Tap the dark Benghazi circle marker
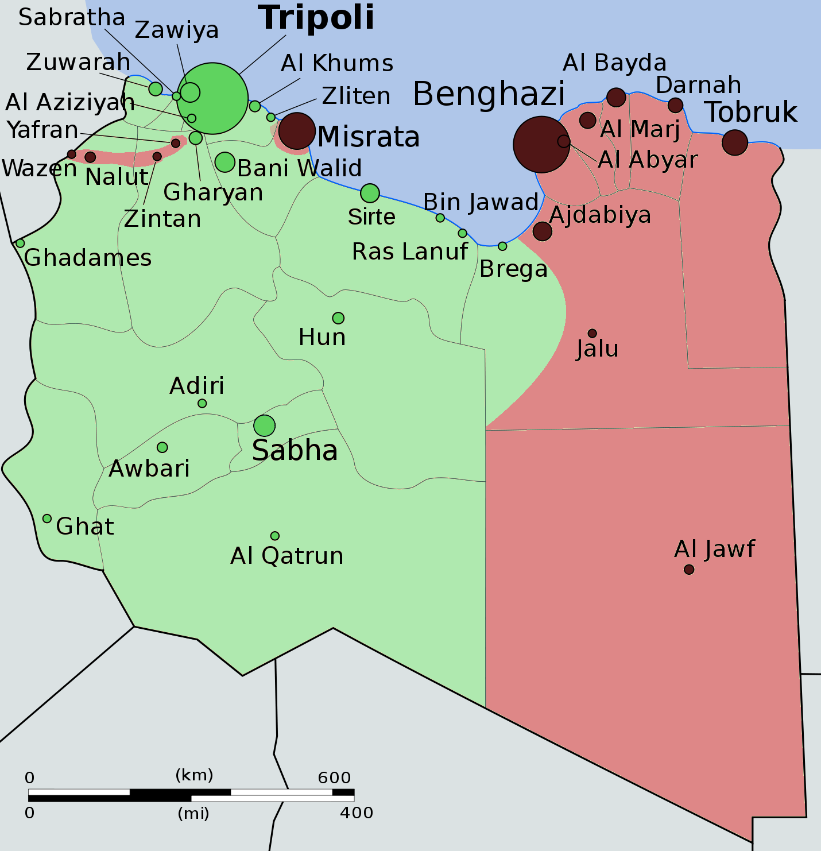point(541,145)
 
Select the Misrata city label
point(368,137)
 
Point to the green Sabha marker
point(264,425)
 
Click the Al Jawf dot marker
point(689,569)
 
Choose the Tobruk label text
point(751,112)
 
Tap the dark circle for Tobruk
point(734,142)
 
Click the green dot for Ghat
point(47,519)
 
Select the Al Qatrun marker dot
point(275,536)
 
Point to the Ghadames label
point(88,258)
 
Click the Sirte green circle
point(370,193)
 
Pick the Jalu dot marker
point(592,333)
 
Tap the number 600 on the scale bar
point(334,777)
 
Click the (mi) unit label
point(193,813)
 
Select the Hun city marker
point(338,318)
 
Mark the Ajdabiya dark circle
point(542,231)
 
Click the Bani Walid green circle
point(225,162)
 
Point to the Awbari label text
point(149,469)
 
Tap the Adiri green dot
point(202,404)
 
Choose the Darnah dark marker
point(675,105)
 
